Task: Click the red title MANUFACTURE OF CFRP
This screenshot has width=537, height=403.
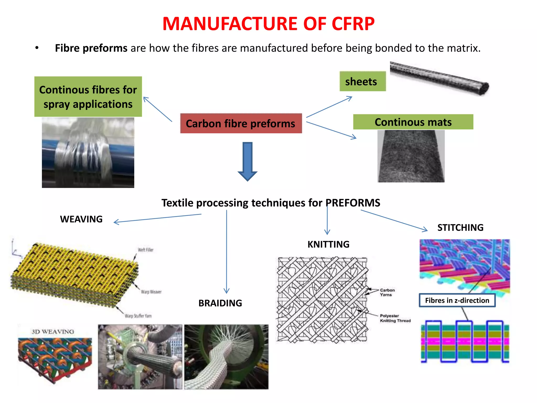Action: pyautogui.click(x=268, y=24)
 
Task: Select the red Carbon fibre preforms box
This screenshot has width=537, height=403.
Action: pyautogui.click(x=241, y=123)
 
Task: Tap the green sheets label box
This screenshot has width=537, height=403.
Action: pyautogui.click(x=362, y=81)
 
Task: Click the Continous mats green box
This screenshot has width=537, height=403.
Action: pyautogui.click(x=413, y=122)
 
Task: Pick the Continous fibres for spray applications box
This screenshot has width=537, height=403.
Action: pyautogui.click(x=88, y=97)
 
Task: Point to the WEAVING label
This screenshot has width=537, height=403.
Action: pyautogui.click(x=81, y=219)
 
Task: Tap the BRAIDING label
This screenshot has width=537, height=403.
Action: pyautogui.click(x=220, y=303)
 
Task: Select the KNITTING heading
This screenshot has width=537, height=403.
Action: pyautogui.click(x=328, y=244)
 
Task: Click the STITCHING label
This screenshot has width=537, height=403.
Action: pyautogui.click(x=460, y=227)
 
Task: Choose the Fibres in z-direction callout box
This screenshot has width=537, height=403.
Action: pyautogui.click(x=457, y=300)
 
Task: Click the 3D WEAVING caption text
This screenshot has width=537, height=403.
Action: pyautogui.click(x=53, y=332)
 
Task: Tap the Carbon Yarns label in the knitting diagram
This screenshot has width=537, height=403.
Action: pyautogui.click(x=387, y=292)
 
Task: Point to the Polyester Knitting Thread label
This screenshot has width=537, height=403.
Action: pyautogui.click(x=395, y=318)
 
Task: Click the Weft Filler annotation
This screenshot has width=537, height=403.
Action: pyautogui.click(x=146, y=250)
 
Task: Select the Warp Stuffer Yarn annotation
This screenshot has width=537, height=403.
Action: pyautogui.click(x=138, y=316)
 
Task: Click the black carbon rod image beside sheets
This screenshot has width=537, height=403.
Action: pyautogui.click(x=439, y=78)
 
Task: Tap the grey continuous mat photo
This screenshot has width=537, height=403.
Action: pyautogui.click(x=411, y=156)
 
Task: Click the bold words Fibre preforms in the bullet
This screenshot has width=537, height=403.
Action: pyautogui.click(x=91, y=48)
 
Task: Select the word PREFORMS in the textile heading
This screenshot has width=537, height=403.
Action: pyautogui.click(x=353, y=203)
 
